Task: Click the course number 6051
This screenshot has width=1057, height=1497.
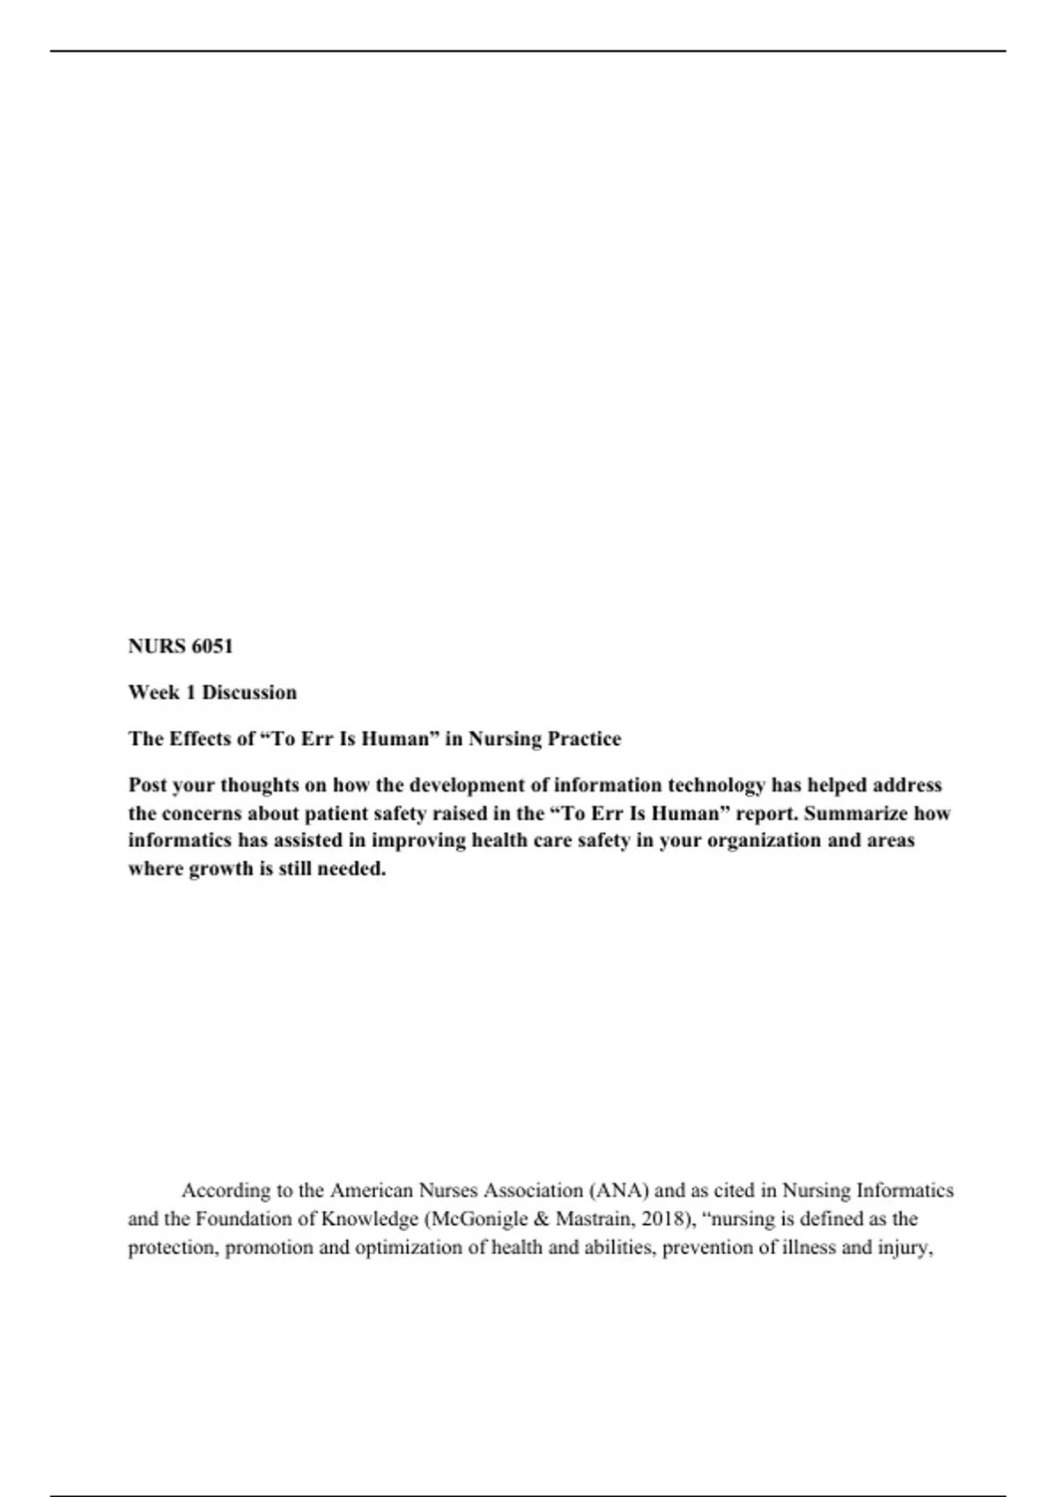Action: tap(212, 646)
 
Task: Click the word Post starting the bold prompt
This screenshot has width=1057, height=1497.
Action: tap(148, 785)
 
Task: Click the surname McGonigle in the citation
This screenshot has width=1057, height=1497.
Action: tap(482, 1220)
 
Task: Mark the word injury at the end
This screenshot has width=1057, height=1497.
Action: tap(906, 1248)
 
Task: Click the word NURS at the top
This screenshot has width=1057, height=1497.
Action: tap(157, 646)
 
